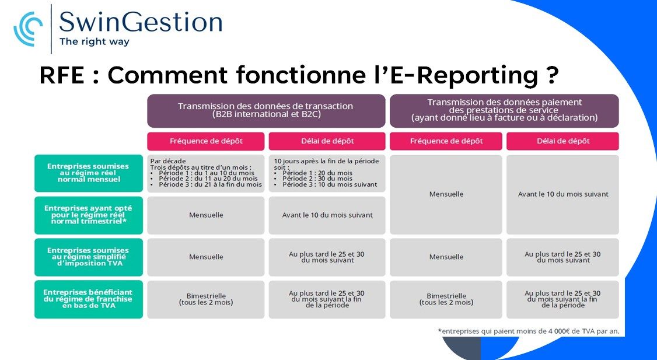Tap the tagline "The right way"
click(95, 41)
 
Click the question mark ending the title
click(553, 75)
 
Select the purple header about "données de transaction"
click(266, 111)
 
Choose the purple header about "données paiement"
click(504, 111)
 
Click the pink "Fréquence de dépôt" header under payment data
click(446, 141)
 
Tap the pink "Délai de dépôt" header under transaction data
click(327, 141)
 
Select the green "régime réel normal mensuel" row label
click(89, 173)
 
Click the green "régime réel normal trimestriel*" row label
click(89, 215)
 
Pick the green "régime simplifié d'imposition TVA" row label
click(89, 257)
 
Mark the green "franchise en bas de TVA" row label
click(89, 299)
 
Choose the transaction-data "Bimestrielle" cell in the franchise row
click(206, 299)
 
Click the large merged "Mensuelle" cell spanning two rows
click(446, 194)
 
